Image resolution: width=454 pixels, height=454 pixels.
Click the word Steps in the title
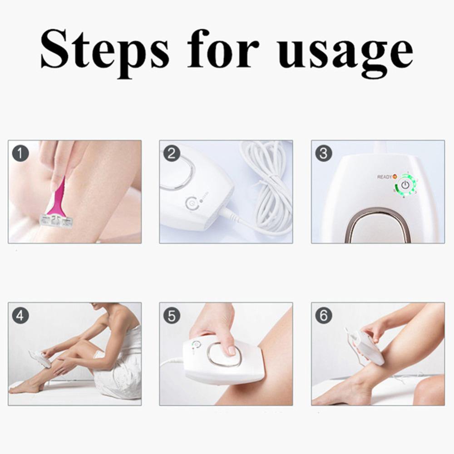[104, 49]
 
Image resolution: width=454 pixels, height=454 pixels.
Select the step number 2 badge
[171, 153]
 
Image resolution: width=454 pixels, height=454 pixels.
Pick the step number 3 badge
[323, 153]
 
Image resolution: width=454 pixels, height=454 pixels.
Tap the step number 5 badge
[171, 315]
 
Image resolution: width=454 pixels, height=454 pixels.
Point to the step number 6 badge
[323, 315]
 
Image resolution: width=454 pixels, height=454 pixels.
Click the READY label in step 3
[384, 177]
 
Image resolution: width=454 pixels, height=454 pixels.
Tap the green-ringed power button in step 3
[405, 185]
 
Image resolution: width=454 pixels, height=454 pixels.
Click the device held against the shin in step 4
[40, 357]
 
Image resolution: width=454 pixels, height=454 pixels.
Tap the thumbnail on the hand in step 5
[231, 350]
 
